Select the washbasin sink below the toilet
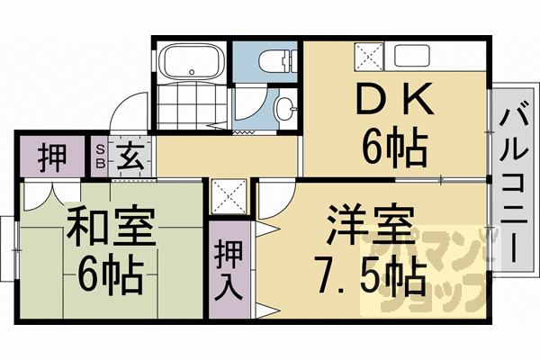(285, 110)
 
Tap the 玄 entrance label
(129, 160)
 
